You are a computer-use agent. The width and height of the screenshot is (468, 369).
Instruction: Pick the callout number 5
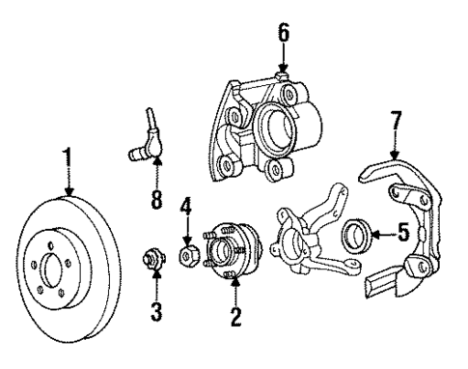click(x=402, y=233)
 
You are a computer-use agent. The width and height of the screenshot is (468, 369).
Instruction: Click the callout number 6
click(x=283, y=33)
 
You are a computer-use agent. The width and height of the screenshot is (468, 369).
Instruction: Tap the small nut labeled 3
click(x=151, y=260)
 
